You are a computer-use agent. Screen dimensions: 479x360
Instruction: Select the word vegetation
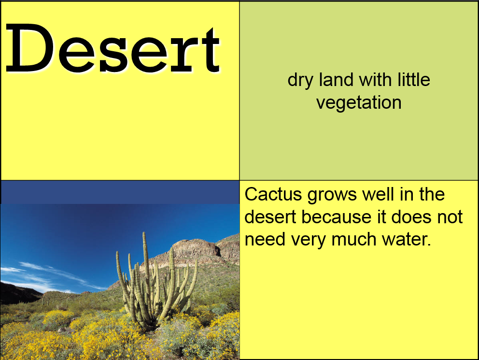(359, 103)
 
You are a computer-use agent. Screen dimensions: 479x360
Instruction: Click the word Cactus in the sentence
(273, 194)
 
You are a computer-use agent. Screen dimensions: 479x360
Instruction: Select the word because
(337, 217)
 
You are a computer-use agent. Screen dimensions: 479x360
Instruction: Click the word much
(354, 239)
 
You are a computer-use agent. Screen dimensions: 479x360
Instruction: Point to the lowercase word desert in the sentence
(270, 217)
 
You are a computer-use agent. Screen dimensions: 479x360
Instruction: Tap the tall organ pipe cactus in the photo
(156, 284)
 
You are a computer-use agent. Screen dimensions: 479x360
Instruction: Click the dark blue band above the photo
(120, 192)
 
